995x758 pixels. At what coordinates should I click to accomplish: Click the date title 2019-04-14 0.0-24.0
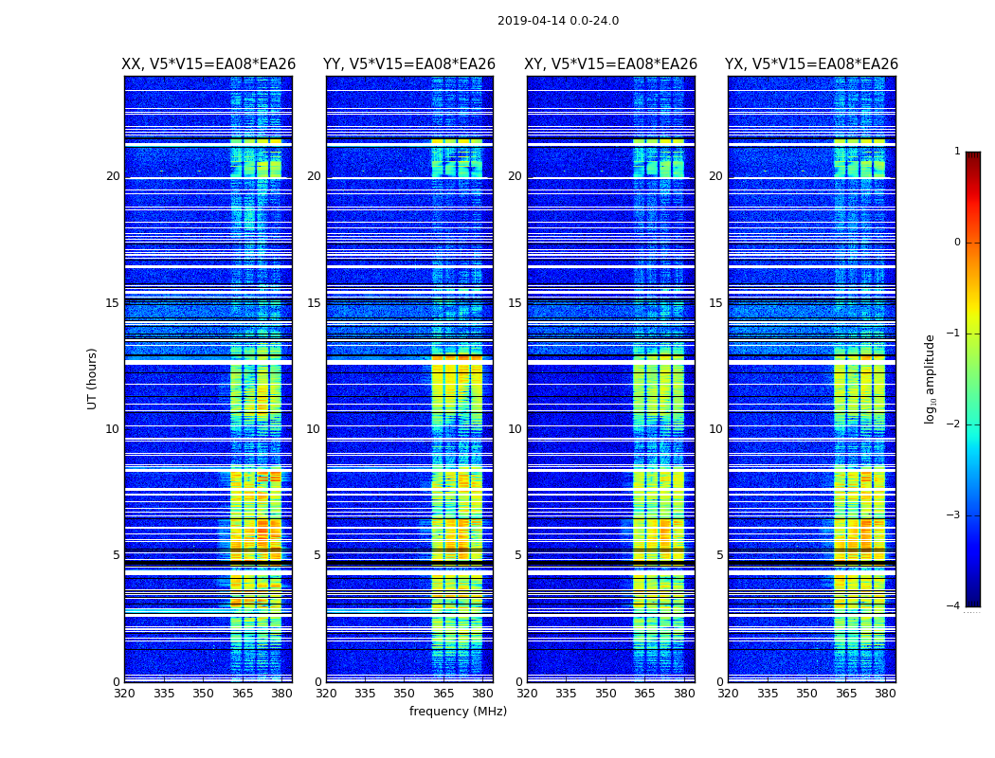(558, 21)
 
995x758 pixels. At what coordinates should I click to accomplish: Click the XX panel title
(208, 64)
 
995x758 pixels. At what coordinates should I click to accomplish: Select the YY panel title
(409, 64)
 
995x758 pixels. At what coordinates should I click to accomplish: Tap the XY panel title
(611, 64)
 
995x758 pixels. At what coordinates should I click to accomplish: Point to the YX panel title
(812, 64)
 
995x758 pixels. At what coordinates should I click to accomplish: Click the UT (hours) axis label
(93, 378)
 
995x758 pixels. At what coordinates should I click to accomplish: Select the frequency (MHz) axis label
(458, 712)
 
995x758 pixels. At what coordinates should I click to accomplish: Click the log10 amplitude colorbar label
(931, 378)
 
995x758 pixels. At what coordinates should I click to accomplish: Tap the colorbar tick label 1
(957, 152)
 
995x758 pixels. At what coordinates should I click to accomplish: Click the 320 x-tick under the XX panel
(124, 694)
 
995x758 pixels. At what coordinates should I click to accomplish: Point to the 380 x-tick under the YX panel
(885, 694)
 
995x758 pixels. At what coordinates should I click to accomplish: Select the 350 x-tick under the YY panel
(405, 694)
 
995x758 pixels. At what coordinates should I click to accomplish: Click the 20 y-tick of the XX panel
(113, 176)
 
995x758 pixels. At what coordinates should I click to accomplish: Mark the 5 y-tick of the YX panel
(719, 555)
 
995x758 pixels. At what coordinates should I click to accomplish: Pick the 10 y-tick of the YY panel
(313, 429)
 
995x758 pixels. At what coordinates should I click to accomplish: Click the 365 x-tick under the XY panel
(644, 694)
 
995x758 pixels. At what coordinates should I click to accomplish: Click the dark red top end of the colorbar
(972, 156)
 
